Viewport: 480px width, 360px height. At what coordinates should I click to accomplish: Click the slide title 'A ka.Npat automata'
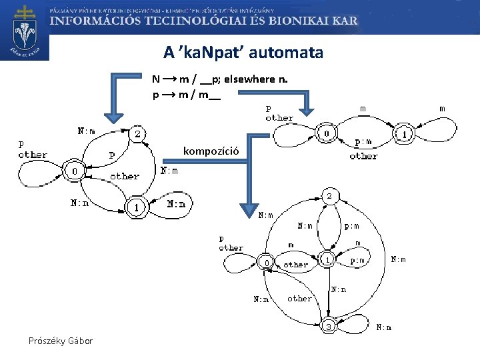point(243,51)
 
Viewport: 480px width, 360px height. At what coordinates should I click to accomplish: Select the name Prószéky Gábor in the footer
point(61,341)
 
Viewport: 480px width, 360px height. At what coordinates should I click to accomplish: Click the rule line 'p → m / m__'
point(186,95)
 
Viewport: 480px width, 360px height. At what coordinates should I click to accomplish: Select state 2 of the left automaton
point(137,134)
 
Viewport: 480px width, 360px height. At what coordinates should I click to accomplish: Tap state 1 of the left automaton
point(137,207)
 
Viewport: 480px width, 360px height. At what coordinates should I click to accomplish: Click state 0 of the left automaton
point(75,172)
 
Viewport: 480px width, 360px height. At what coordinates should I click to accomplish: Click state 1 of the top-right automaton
point(405,135)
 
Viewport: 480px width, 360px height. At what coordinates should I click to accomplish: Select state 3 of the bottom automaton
point(329,327)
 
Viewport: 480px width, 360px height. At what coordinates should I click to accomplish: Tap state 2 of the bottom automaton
point(329,196)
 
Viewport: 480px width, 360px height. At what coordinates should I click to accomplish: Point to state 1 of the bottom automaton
point(328,258)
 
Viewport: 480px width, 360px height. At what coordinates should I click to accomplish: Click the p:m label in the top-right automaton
point(363,141)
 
